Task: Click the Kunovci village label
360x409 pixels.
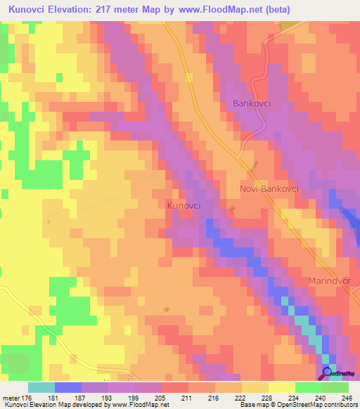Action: pos(184,205)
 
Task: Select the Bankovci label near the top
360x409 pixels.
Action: pos(251,104)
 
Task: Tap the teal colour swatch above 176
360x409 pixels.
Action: pos(41,387)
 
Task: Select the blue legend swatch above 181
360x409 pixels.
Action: pos(67,387)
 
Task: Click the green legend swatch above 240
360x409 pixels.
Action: pos(308,387)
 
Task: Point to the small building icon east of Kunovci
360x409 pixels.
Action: pos(233,207)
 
